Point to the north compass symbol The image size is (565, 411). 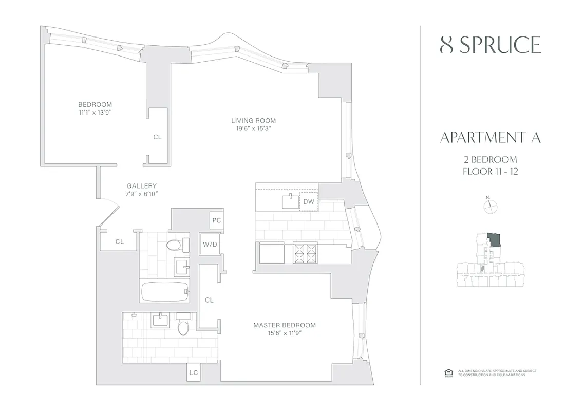pyautogui.click(x=491, y=206)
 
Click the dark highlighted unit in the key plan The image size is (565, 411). pyautogui.click(x=495, y=239)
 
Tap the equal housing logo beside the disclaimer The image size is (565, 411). pyautogui.click(x=447, y=372)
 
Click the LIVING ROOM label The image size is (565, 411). pyautogui.click(x=250, y=121)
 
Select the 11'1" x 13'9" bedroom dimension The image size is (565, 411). pyautogui.click(x=96, y=113)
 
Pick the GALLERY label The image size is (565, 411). pyautogui.click(x=142, y=186)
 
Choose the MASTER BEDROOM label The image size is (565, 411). pyautogui.click(x=285, y=325)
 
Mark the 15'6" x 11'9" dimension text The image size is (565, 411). pyautogui.click(x=285, y=333)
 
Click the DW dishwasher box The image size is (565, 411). pyautogui.click(x=308, y=202)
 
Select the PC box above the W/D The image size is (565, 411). pyautogui.click(x=216, y=220)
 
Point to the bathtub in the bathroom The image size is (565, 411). pyautogui.click(x=164, y=291)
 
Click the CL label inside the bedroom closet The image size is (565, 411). pyautogui.click(x=157, y=137)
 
